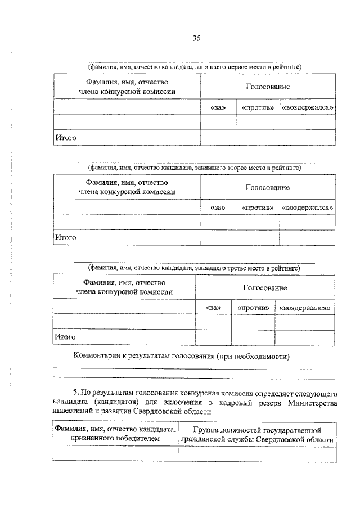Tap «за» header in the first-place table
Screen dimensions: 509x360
pyautogui.click(x=218, y=107)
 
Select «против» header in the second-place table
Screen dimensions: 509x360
pyautogui.click(x=258, y=208)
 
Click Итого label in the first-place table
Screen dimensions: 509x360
pyautogui.click(x=65, y=137)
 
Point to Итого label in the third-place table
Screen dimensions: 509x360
pyautogui.click(x=65, y=337)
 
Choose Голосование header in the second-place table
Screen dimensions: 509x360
pyautogui.click(x=267, y=187)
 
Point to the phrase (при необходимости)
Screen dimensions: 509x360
pyautogui.click(x=253, y=356)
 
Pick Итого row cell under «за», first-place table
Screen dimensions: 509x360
pyautogui.click(x=218, y=137)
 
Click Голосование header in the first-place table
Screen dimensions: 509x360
pyautogui.click(x=267, y=87)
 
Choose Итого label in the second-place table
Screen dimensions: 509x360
pyautogui.click(x=65, y=237)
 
